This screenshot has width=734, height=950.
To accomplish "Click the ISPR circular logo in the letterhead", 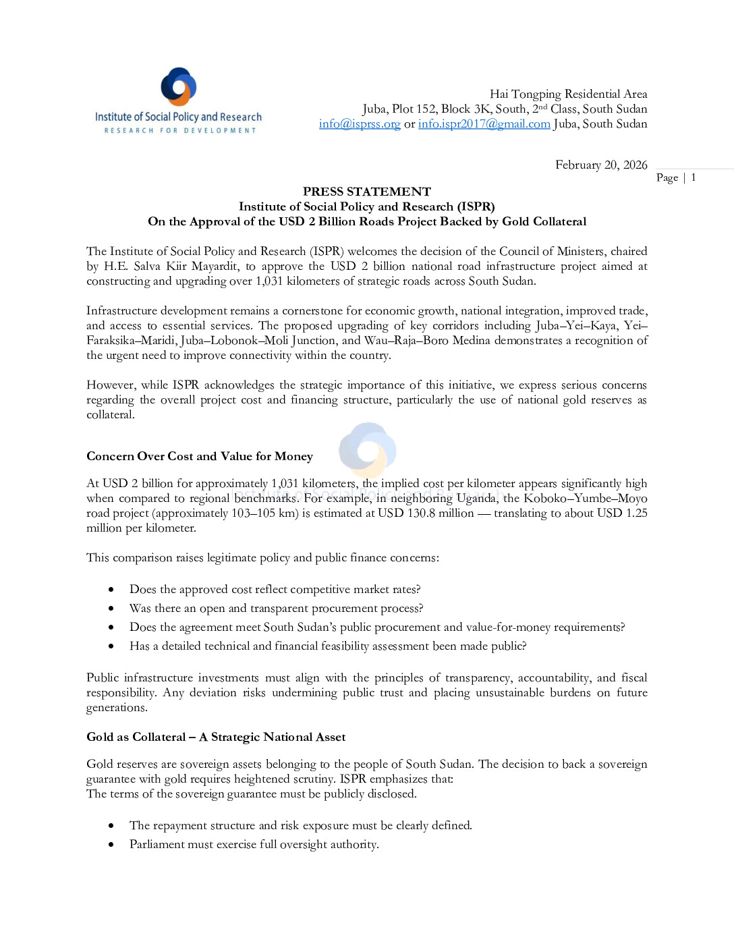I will pyautogui.click(x=179, y=86).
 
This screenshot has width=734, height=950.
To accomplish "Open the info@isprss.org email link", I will pyautogui.click(x=360, y=124).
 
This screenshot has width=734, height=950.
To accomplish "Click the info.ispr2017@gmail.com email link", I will pyautogui.click(x=484, y=124).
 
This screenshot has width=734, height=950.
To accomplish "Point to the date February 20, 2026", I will pyautogui.click(x=600, y=165).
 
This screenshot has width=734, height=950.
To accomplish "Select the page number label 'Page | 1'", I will pyautogui.click(x=675, y=177).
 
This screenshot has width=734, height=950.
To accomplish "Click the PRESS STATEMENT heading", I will pyautogui.click(x=366, y=192).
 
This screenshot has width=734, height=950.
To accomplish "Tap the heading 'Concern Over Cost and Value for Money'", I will pyautogui.click(x=200, y=457).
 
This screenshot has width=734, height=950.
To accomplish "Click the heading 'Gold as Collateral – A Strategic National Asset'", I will pyautogui.click(x=216, y=737).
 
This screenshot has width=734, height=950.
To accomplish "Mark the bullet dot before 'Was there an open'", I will pyautogui.click(x=111, y=609).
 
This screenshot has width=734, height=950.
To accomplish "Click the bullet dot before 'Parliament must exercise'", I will pyautogui.click(x=111, y=845).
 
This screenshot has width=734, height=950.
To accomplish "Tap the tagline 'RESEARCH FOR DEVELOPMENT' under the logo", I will pyautogui.click(x=180, y=131).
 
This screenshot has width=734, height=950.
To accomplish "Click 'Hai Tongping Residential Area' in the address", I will pyautogui.click(x=568, y=94).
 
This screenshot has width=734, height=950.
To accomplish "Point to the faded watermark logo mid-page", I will pyautogui.click(x=367, y=449).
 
